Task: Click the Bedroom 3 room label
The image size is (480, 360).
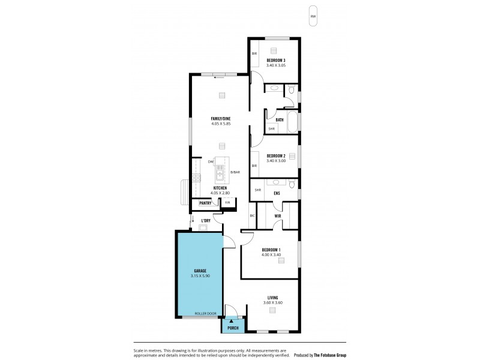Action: (276, 60)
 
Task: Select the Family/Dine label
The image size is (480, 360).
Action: (221, 119)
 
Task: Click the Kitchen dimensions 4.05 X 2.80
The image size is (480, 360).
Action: (221, 193)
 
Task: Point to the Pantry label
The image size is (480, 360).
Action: (205, 203)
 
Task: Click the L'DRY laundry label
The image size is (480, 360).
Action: (205, 221)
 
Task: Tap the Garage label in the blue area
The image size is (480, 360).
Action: (200, 271)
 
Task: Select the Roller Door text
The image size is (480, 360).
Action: (205, 313)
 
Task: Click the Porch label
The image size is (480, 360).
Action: (233, 328)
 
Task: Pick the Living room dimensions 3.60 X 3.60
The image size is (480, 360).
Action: (272, 302)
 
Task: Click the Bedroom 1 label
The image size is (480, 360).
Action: (271, 250)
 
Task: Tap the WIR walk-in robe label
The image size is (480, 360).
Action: (278, 215)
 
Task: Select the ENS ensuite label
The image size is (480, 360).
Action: (277, 193)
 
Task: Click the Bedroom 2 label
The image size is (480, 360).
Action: (276, 155)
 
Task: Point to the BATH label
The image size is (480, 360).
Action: (280, 119)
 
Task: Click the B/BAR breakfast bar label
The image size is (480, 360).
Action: (235, 173)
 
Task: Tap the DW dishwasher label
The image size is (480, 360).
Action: (211, 162)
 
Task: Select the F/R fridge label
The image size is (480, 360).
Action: (227, 203)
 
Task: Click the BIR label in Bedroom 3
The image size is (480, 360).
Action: (254, 53)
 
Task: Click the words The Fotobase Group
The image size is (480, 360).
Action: (329, 355)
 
